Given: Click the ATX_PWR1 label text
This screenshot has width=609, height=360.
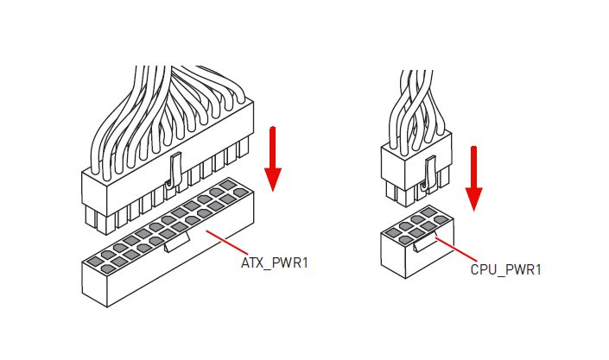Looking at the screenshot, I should (x=274, y=261).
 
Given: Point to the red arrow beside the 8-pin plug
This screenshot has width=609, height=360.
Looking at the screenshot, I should (x=474, y=177).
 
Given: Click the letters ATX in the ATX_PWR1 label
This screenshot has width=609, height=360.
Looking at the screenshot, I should (x=252, y=261).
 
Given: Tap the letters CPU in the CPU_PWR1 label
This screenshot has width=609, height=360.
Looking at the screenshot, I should (x=483, y=270).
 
